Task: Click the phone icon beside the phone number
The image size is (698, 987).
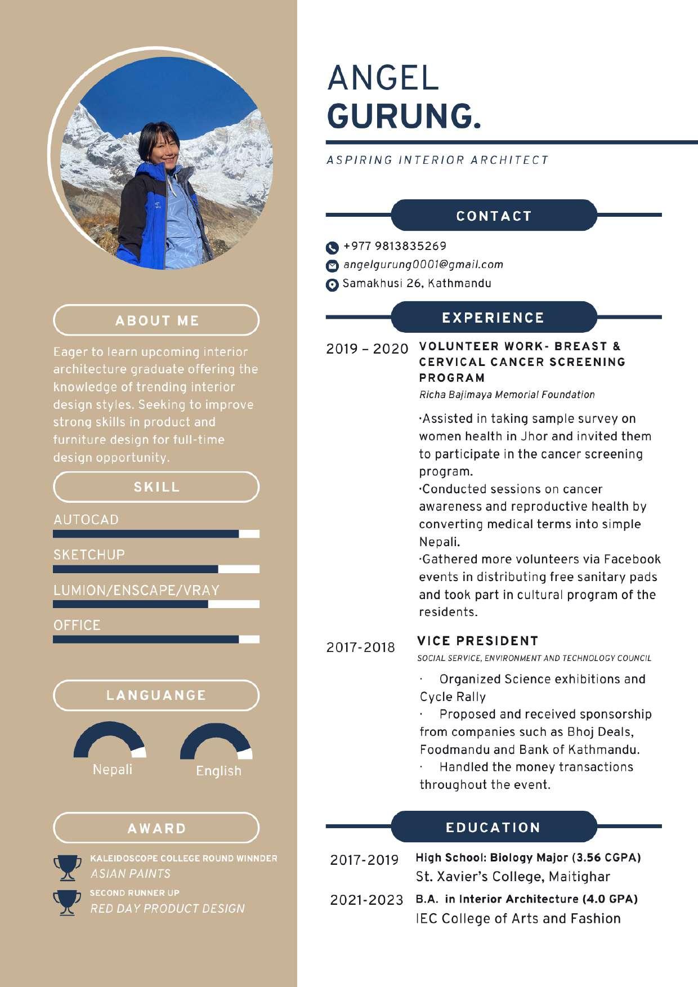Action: [x=332, y=248]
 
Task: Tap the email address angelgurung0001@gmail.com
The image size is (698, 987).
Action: [x=423, y=265]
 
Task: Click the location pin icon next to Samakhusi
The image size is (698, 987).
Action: [x=332, y=285]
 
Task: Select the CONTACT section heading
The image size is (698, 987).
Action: [x=494, y=216]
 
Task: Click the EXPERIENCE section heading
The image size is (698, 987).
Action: [x=493, y=318]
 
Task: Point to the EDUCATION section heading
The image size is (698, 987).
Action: [x=493, y=827]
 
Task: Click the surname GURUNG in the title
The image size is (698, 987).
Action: [x=404, y=116]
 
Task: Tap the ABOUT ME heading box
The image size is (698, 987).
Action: [x=156, y=320]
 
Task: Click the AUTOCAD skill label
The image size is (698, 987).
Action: [x=86, y=519]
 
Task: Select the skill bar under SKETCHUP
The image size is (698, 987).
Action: [x=156, y=569]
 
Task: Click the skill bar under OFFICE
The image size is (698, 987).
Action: [x=156, y=639]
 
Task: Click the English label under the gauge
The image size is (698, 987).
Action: [x=218, y=771]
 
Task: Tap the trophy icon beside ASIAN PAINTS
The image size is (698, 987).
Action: [x=67, y=868]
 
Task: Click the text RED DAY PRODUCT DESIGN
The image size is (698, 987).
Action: [x=168, y=908]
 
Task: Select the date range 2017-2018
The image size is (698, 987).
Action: [x=361, y=647]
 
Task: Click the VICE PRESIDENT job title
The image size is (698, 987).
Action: [x=478, y=641]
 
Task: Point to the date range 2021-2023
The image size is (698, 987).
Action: [x=366, y=900]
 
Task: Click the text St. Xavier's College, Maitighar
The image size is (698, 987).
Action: [x=513, y=877]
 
